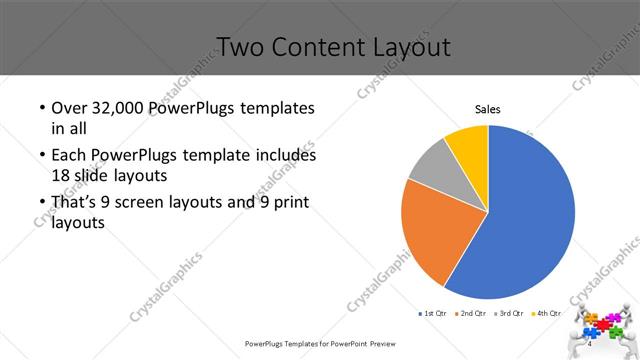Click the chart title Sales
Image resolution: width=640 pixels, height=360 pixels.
(x=487, y=109)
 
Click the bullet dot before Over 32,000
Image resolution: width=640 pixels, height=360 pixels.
(x=41, y=108)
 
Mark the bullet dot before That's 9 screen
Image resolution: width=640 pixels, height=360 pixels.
(x=41, y=204)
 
